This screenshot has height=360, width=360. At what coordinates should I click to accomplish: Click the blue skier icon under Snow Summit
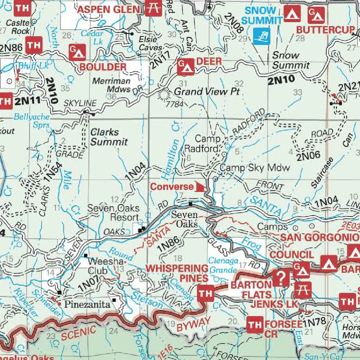[261, 36]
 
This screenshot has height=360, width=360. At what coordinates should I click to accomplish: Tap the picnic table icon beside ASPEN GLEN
[153, 8]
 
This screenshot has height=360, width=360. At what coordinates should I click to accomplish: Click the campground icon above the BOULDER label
[78, 52]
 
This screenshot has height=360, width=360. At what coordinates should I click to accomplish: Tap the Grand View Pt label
[207, 92]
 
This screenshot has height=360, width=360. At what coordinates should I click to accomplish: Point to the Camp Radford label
[207, 144]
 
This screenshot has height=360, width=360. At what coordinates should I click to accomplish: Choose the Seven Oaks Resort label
[113, 212]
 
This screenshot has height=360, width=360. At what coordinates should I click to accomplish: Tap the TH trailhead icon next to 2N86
[33, 45]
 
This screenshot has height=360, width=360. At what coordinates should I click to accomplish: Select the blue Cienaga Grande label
[222, 265]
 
